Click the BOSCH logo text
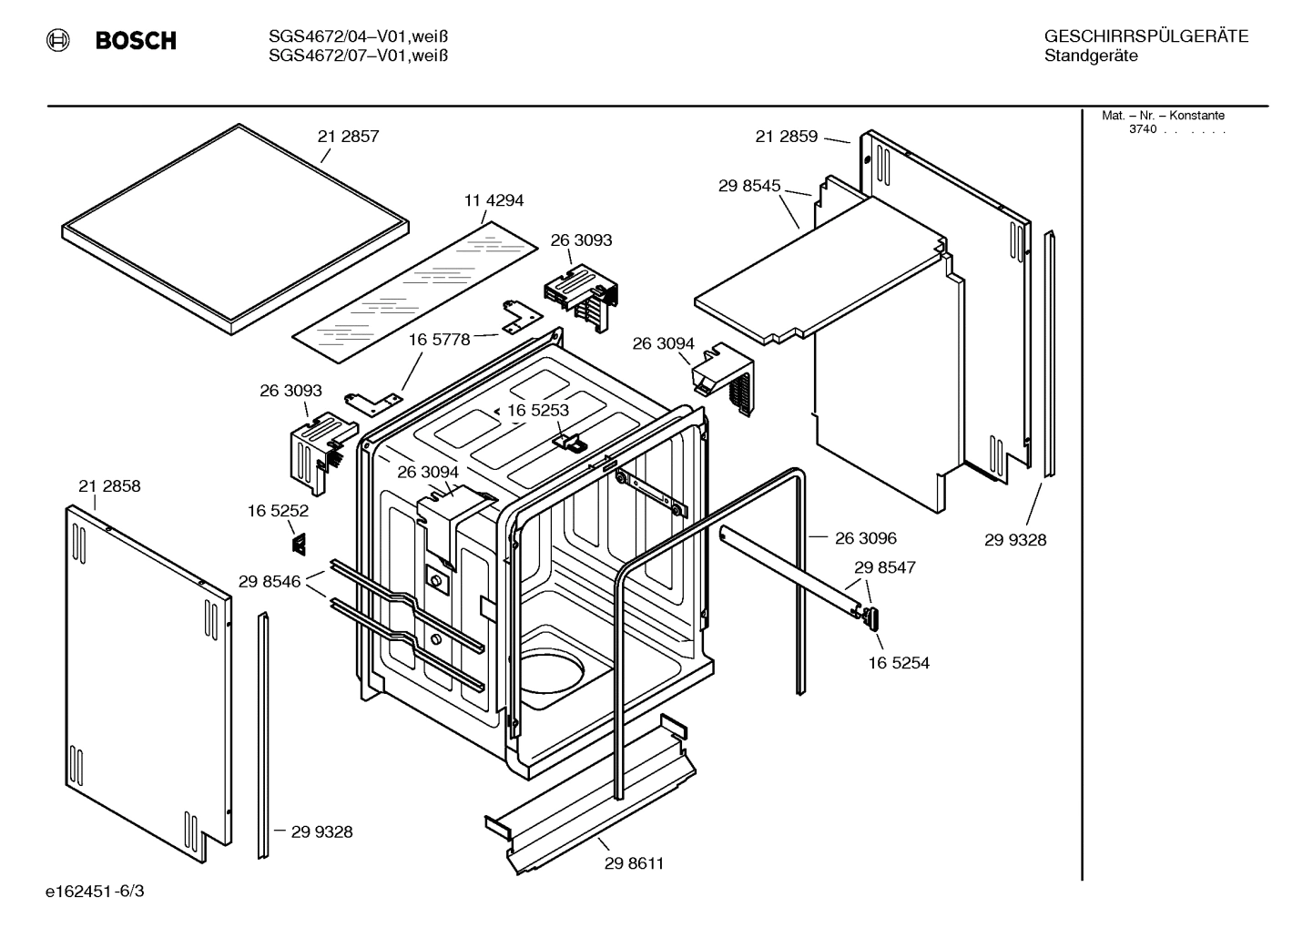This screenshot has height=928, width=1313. pyautogui.click(x=136, y=40)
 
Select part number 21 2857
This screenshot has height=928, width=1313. pyautogui.click(x=348, y=137)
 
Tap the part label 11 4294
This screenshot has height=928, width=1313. pyautogui.click(x=494, y=200)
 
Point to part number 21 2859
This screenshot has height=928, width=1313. pyautogui.click(x=786, y=137)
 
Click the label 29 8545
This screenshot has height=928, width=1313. pyautogui.click(x=749, y=186)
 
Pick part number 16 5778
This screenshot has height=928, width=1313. pyautogui.click(x=439, y=340)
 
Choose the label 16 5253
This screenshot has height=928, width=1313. pyautogui.click(x=537, y=411)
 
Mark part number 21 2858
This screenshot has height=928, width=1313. pyautogui.click(x=109, y=486)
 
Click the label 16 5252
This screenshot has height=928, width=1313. pyautogui.click(x=278, y=512)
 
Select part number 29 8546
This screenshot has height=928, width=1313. pyautogui.click(x=270, y=581)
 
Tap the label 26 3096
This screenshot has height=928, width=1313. pyautogui.click(x=865, y=538)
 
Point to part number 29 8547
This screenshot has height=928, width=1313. pyautogui.click(x=884, y=567)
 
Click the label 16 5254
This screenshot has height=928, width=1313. pyautogui.click(x=899, y=663)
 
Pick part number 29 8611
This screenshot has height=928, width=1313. pyautogui.click(x=634, y=863)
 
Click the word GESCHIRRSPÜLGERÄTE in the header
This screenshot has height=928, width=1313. pyautogui.click(x=1145, y=37)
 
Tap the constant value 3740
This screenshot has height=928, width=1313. pyautogui.click(x=1142, y=129)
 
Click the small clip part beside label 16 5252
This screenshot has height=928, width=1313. pyautogui.click(x=299, y=544)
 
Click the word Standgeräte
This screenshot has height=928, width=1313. pyautogui.click(x=1090, y=56)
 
